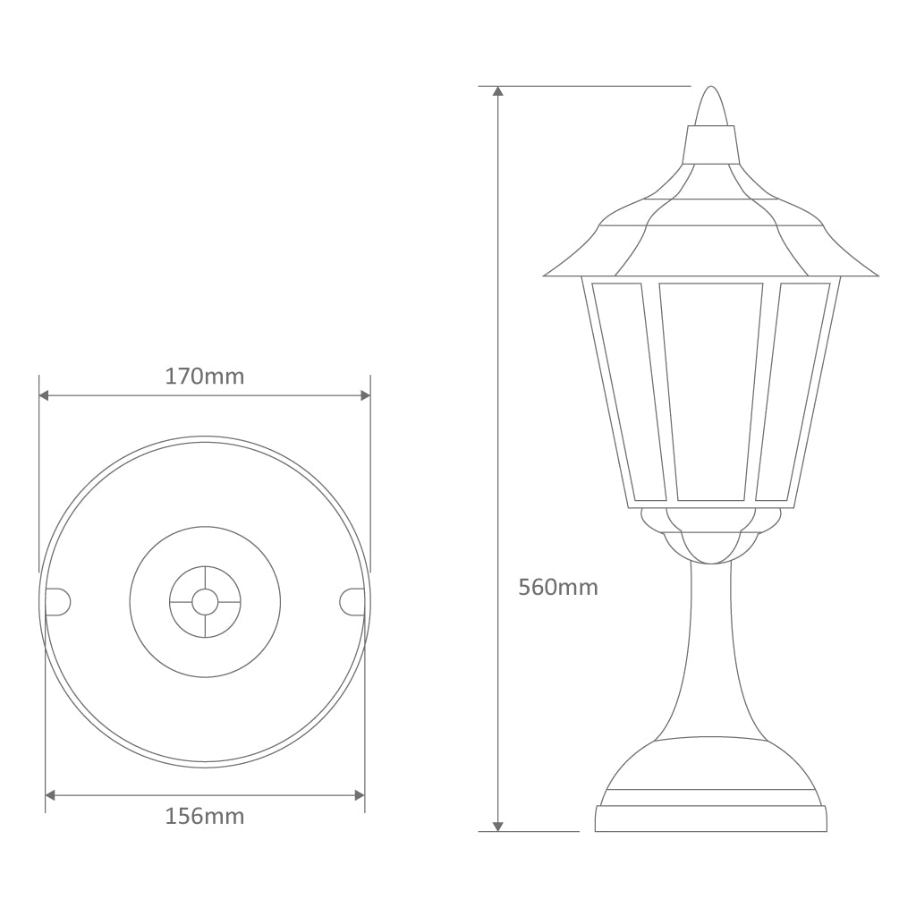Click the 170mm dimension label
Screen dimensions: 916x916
(204, 377)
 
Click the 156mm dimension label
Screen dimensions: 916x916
(204, 816)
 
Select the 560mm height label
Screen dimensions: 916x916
(558, 588)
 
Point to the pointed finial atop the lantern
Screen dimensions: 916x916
(710, 107)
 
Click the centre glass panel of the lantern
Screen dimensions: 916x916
(711, 391)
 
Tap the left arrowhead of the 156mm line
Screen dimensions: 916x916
(50, 794)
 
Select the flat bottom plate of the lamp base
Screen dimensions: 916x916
(711, 818)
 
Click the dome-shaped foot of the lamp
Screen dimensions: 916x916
(711, 765)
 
